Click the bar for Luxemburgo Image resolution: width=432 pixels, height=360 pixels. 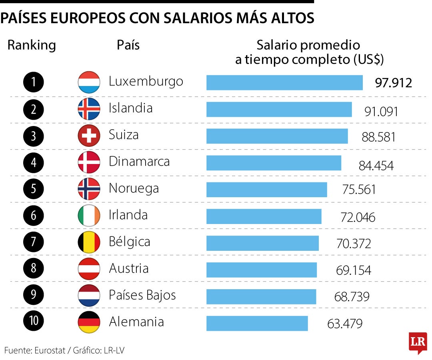(284, 83)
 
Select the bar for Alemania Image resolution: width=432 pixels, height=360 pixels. (257, 323)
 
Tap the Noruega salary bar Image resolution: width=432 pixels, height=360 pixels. (266, 190)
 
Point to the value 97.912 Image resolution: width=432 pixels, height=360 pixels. (393, 83)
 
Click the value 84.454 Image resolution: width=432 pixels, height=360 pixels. (376, 166)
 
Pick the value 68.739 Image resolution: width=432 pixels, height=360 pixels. (352, 297)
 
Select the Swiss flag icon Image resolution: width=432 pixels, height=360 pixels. (89, 136)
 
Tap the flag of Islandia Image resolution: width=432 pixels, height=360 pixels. (89, 109)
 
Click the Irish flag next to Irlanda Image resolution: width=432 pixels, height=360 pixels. (89, 216)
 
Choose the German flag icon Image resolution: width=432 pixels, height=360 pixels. (89, 322)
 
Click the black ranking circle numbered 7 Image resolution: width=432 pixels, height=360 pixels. (34, 242)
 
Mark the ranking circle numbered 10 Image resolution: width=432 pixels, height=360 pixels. (34, 322)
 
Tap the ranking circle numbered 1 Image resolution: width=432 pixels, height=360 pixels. (34, 82)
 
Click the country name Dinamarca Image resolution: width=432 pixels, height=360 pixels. (139, 162)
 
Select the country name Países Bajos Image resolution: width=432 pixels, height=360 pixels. (142, 295)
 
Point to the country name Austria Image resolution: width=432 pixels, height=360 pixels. (129, 268)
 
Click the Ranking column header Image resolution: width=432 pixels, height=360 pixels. (32, 45)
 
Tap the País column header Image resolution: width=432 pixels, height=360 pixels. (128, 45)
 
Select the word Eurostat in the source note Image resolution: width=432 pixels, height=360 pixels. (48, 350)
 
